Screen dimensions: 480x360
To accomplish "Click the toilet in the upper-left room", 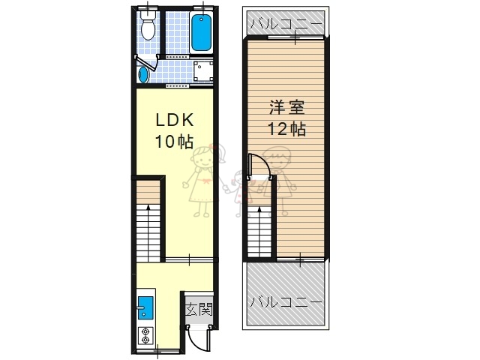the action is tap(148, 25).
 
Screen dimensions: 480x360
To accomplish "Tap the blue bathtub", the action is tap(201, 33).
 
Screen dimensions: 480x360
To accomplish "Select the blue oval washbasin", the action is tap(143, 75).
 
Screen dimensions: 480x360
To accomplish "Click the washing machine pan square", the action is tap(203, 71).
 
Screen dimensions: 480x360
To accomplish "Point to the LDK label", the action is tap(175, 120).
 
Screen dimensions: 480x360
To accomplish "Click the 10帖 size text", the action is tap(174, 141).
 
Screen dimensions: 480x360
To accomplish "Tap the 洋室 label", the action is tap(286, 107).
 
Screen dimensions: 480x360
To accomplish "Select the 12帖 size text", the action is tap(286, 129).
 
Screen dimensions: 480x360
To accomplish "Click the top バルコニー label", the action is tap(286, 23).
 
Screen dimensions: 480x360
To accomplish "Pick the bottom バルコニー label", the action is tap(286, 302).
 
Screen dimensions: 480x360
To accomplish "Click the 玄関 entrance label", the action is tap(199, 310).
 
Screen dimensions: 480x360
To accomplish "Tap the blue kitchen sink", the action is tap(145, 307).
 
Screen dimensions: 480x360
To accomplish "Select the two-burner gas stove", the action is tap(145, 335).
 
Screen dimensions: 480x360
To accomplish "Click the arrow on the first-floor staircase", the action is tap(148, 233).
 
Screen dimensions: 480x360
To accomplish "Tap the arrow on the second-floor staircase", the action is tap(259, 232).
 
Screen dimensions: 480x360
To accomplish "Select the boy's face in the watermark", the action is tap(277, 160).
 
